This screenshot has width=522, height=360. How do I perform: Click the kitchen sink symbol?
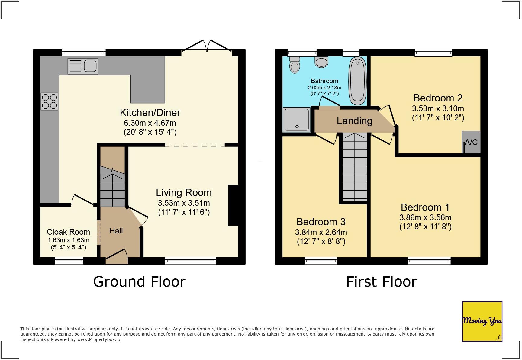point(83,66)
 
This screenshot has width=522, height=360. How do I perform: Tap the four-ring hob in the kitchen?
point(50,101)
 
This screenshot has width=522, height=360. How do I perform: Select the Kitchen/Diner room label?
point(150,113)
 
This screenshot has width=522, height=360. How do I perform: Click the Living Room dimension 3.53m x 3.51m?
point(184,203)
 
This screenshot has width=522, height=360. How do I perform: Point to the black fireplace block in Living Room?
point(233,205)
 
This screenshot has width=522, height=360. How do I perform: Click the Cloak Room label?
point(68,232)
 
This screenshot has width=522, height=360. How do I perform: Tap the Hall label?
point(116,231)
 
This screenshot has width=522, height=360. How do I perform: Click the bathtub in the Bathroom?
point(357,81)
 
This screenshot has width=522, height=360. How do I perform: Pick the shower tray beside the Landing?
point(297,120)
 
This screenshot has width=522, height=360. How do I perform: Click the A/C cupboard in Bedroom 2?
point(471,142)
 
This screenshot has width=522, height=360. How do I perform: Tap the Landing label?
point(354,121)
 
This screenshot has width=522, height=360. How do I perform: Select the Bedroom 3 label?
point(321,222)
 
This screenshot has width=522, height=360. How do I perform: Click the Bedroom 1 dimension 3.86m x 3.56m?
point(425,217)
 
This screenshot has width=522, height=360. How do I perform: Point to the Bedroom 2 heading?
point(438,98)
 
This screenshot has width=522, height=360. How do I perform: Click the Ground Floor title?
point(139,281)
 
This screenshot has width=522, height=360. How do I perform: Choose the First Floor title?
point(381,281)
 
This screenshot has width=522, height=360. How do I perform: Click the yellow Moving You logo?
point(482,321)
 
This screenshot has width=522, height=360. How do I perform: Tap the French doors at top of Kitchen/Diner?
point(207,46)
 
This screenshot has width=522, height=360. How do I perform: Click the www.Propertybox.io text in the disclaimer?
point(98,339)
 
